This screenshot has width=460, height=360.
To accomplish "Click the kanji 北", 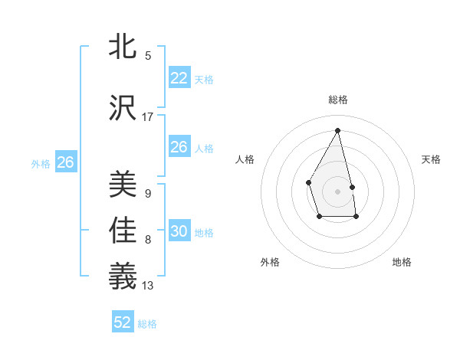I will point(123,47).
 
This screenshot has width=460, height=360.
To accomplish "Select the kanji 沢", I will point(123,108).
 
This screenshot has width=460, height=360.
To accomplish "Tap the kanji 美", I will point(123,185).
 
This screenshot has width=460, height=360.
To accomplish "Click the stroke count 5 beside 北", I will point(148,55).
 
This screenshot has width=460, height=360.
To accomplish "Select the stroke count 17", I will point(148,116).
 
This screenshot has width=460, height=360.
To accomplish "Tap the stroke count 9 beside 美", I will point(148,193).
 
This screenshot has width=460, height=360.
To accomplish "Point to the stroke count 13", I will point(148,286).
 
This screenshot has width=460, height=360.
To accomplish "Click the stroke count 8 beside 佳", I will point(148,240).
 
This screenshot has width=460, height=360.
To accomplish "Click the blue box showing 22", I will point(179,78).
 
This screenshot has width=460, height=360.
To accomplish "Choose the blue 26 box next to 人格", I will point(179,147).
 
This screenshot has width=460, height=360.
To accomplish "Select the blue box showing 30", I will point(179,231).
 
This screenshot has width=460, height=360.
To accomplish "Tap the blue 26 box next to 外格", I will point(66,162).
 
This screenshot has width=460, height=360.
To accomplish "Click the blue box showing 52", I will point(123,322).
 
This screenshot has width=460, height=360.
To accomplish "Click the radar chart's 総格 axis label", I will point(337,100).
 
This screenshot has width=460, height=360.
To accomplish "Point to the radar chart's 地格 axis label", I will point(402,262).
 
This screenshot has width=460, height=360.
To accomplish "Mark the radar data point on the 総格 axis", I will point(337,130).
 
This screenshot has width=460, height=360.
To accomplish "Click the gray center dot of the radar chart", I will point(337,190).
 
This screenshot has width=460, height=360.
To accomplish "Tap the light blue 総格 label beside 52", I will point(148,324).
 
